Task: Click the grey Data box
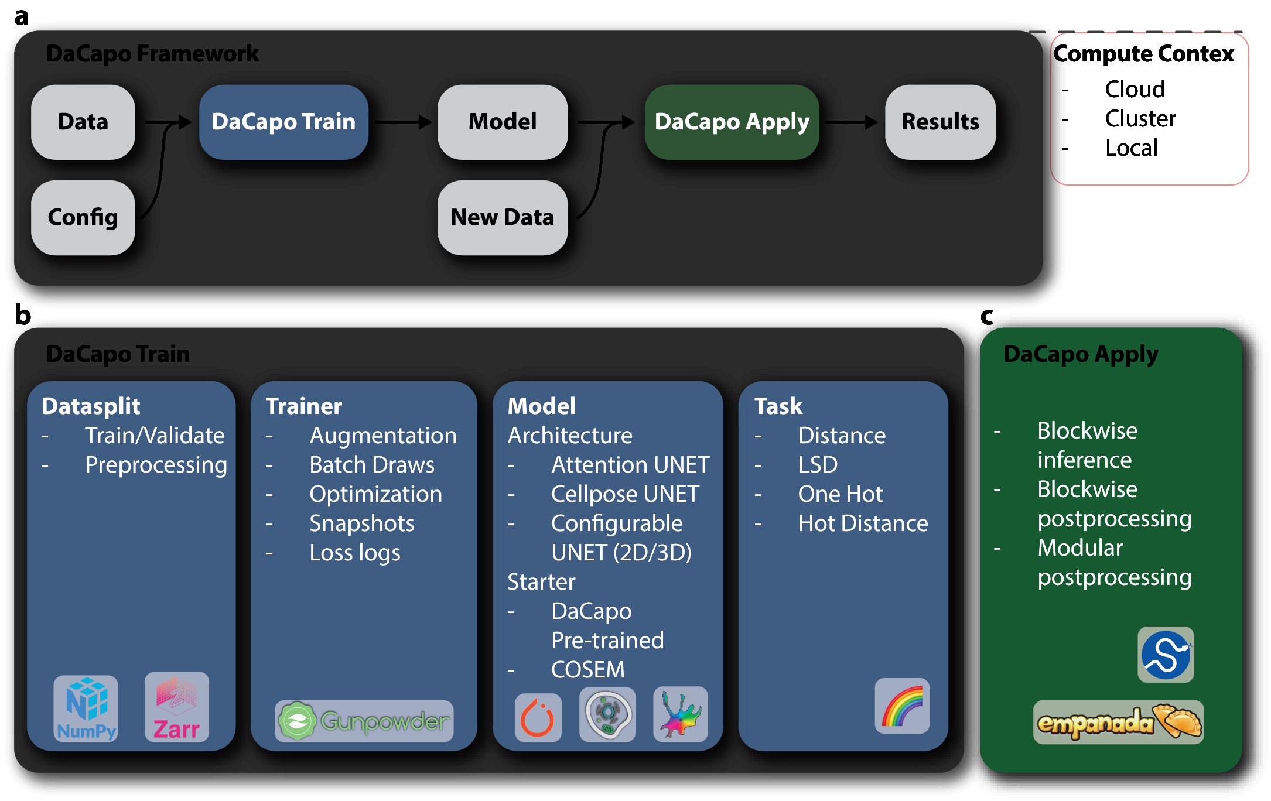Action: pyautogui.click(x=83, y=122)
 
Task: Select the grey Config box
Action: pyautogui.click(x=83, y=217)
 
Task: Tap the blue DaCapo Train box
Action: pyautogui.click(x=283, y=122)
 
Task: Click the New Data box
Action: pyautogui.click(x=502, y=217)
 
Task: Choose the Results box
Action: pyautogui.click(x=939, y=122)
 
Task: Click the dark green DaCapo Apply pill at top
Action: pyautogui.click(x=732, y=122)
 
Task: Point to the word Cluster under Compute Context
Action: pyautogui.click(x=1140, y=119)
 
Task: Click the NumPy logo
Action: pyautogui.click(x=86, y=708)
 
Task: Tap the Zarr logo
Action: pyautogui.click(x=176, y=707)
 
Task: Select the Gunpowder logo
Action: pyautogui.click(x=364, y=721)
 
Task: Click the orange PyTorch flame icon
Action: pyautogui.click(x=538, y=717)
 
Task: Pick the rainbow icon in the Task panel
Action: pyautogui.click(x=902, y=706)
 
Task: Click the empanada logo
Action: pyautogui.click(x=1118, y=723)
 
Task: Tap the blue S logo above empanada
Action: pyautogui.click(x=1166, y=655)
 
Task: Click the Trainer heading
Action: pyautogui.click(x=303, y=406)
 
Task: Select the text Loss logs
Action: pyautogui.click(x=354, y=553)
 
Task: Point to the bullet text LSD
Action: pyautogui.click(x=818, y=465)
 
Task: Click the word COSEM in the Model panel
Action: pyautogui.click(x=587, y=670)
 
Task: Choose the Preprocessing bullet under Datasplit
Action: pyautogui.click(x=156, y=465)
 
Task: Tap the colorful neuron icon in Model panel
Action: pyautogui.click(x=680, y=714)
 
